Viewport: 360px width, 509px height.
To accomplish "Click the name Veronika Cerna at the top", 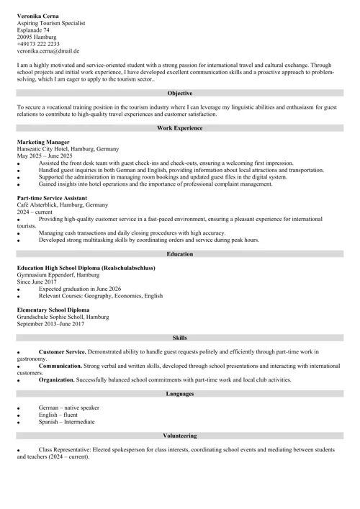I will (39, 15).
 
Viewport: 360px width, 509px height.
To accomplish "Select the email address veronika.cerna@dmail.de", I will (48, 51).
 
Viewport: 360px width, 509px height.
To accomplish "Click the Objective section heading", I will (179, 93).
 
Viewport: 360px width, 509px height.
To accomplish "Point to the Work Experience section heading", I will (179, 127).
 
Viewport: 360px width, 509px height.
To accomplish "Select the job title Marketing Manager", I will (43, 143).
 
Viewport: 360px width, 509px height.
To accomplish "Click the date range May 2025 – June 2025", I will (45, 156).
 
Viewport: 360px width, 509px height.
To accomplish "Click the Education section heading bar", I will (179, 254).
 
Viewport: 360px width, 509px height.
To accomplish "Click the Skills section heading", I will (179, 337).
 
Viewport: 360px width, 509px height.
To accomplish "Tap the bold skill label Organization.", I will (62, 379).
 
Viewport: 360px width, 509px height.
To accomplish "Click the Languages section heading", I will (179, 394).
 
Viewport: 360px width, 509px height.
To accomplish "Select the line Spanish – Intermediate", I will (66, 422).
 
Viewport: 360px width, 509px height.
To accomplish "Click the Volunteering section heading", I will (179, 436).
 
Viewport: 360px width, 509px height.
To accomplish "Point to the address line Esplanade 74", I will (34, 30).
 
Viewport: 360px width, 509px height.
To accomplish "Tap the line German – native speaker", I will (69, 408).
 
